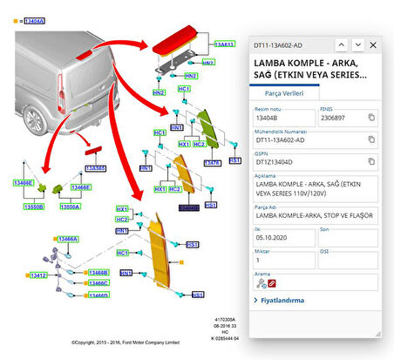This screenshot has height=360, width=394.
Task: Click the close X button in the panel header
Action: pyautogui.click(x=373, y=44)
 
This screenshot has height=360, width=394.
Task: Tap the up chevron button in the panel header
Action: pyautogui.click(x=341, y=44)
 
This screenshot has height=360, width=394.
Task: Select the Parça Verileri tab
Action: pyautogui.click(x=283, y=92)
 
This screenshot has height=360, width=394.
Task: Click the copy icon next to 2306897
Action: pyautogui.click(x=371, y=117)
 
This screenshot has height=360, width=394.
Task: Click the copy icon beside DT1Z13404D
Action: pyautogui.click(x=371, y=162)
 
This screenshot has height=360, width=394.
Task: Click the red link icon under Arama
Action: pyautogui.click(x=272, y=283)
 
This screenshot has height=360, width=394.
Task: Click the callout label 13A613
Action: pyautogui.click(x=225, y=44)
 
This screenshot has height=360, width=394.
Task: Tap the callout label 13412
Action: pyautogui.click(x=37, y=275)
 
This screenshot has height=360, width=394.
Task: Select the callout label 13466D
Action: pyautogui.click(x=98, y=295)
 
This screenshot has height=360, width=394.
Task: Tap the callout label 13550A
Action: pyautogui.click(x=70, y=207)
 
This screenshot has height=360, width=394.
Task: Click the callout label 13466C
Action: pyautogui.click(x=98, y=283)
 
